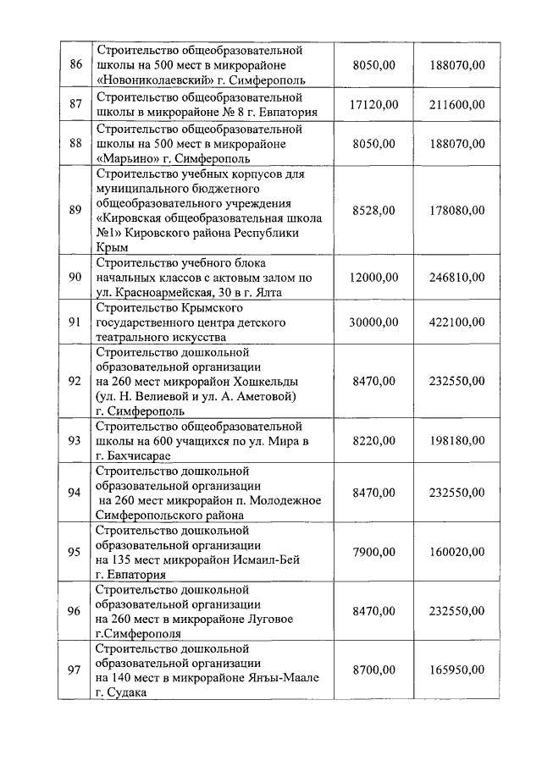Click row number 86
click(x=75, y=65)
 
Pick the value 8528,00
click(x=373, y=209)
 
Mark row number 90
click(x=75, y=277)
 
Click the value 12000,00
click(x=373, y=277)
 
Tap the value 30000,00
click(x=373, y=322)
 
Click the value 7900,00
click(x=373, y=552)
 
